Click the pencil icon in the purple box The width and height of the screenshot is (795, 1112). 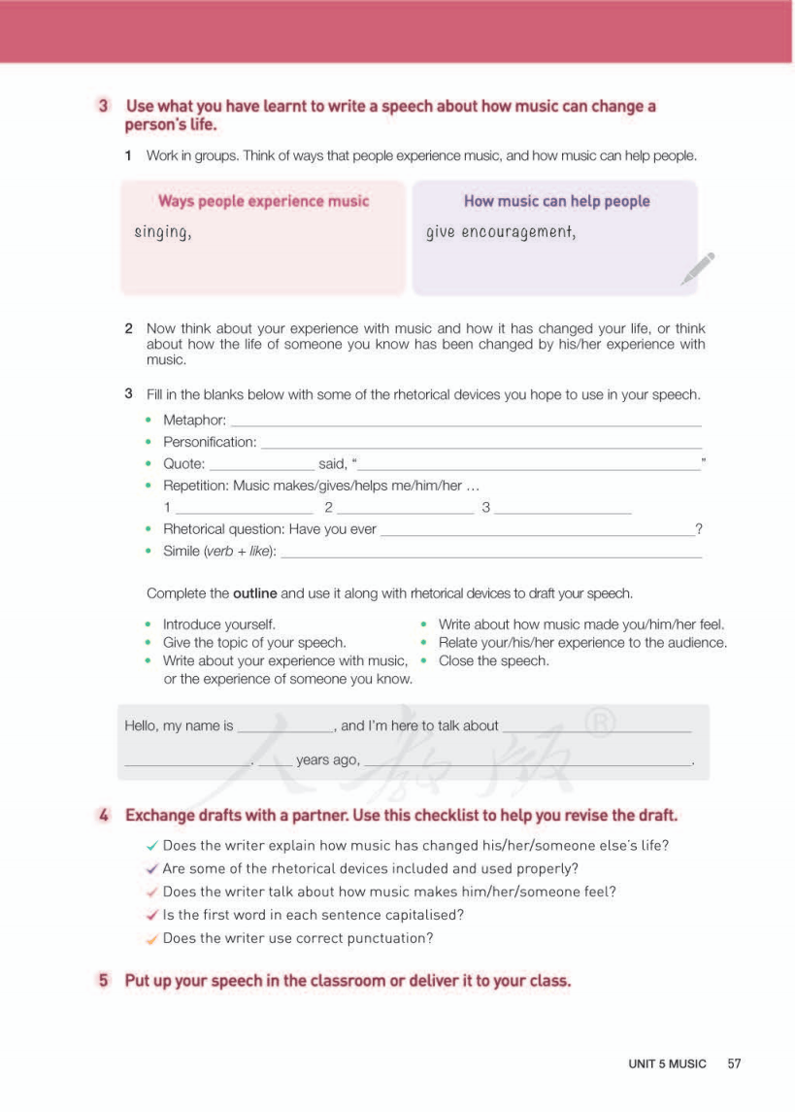pos(698,268)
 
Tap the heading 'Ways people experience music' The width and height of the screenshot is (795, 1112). pos(263,201)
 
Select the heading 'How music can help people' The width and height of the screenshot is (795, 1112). pos(556,201)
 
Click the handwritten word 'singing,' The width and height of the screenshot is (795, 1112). pos(162,232)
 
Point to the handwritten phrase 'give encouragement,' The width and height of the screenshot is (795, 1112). pos(501,232)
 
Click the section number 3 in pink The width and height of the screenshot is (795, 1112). pos(103,106)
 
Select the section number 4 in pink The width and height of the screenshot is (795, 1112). pos(103,815)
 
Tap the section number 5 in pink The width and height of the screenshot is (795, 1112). pos(103,980)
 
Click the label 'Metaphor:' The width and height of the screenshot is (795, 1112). pos(194,420)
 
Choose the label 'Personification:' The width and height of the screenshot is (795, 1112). pos(210,442)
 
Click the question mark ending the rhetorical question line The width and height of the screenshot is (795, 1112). pos(699,529)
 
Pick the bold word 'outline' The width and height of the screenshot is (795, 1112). pos(254,593)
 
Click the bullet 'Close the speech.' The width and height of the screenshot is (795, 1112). pos(493,660)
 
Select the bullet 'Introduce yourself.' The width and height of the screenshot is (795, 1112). pos(218,624)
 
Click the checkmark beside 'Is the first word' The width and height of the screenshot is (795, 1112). pos(151,915)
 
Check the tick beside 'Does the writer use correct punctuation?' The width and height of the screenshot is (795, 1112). pos(151,938)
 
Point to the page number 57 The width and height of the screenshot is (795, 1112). pos(734,1063)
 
